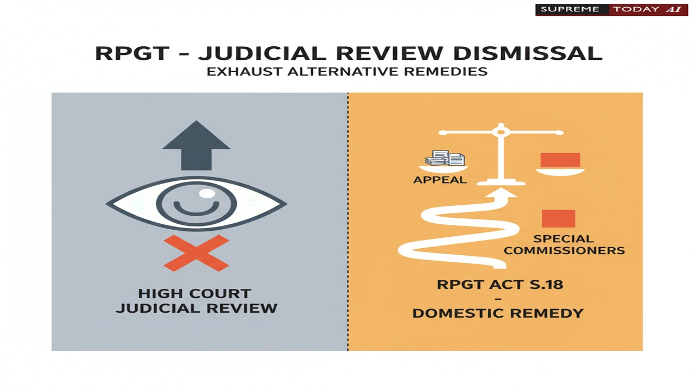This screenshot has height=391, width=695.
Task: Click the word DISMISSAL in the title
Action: pyautogui.click(x=528, y=53)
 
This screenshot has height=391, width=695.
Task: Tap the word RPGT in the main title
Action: pyautogui.click(x=132, y=53)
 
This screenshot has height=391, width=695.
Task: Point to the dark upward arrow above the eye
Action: pyautogui.click(x=196, y=145)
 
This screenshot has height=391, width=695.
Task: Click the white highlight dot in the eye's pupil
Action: pyautogui.click(x=207, y=194)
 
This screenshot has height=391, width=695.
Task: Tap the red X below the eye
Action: pyautogui.click(x=196, y=253)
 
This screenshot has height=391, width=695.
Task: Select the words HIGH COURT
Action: pyautogui.click(x=194, y=294)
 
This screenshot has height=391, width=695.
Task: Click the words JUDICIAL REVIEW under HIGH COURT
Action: pyautogui.click(x=197, y=308)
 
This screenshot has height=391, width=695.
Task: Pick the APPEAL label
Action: pyautogui.click(x=440, y=180)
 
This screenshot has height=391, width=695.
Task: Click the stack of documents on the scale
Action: pyautogui.click(x=445, y=158)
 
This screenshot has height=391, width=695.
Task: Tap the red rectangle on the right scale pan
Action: pyautogui.click(x=560, y=160)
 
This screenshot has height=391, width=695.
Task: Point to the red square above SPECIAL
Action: pyautogui.click(x=559, y=218)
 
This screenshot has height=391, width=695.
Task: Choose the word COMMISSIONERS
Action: pyautogui.click(x=564, y=250)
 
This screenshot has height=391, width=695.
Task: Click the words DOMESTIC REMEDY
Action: pyautogui.click(x=498, y=313)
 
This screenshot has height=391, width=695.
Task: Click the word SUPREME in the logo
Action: pyautogui.click(x=570, y=9)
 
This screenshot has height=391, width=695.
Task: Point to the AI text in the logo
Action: pyautogui.click(x=674, y=9)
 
